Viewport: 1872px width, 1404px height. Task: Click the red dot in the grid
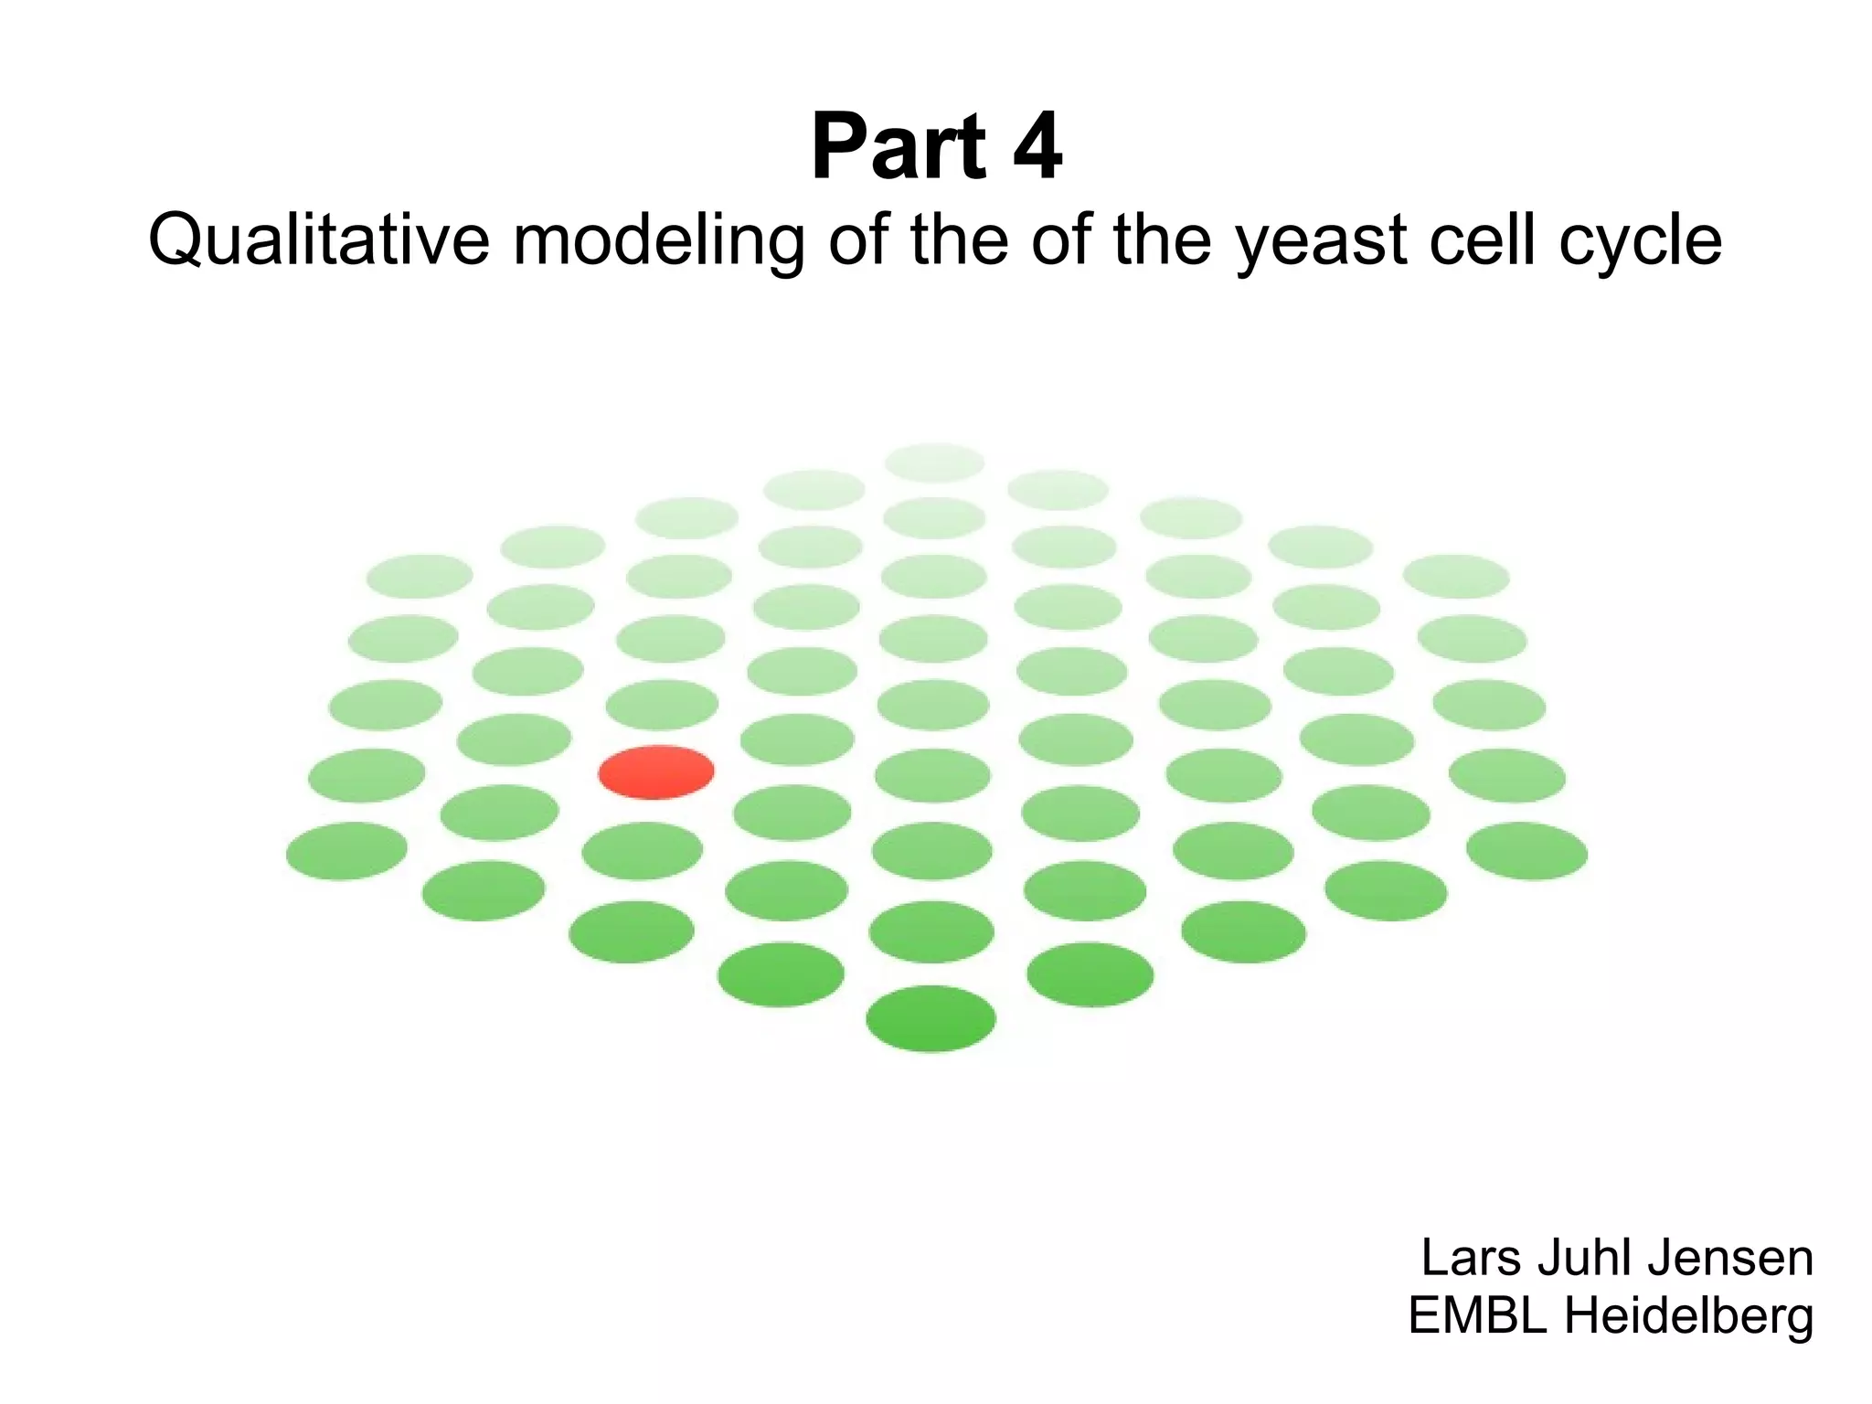[x=656, y=772]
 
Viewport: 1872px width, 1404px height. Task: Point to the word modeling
[x=659, y=240]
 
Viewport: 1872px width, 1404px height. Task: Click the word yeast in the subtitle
[x=1322, y=240]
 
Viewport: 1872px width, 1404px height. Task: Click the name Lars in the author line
[x=1472, y=1258]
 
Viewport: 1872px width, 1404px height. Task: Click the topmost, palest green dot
[x=934, y=463]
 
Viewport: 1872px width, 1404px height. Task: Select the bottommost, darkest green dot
[x=931, y=1018]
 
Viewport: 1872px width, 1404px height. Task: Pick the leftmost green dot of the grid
[x=346, y=851]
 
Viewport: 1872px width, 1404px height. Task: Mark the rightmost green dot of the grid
[x=1526, y=851]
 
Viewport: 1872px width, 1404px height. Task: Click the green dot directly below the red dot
[x=642, y=851]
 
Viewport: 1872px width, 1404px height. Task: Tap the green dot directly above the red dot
[x=662, y=705]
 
